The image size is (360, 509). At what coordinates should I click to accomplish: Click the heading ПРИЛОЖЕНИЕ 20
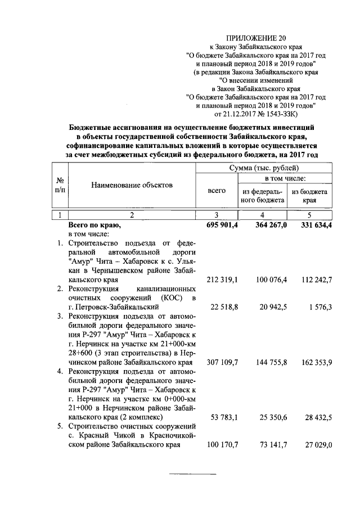[255, 38]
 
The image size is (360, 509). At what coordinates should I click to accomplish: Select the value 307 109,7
[220, 362]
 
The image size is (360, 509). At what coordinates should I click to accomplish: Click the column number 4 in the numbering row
[262, 215]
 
